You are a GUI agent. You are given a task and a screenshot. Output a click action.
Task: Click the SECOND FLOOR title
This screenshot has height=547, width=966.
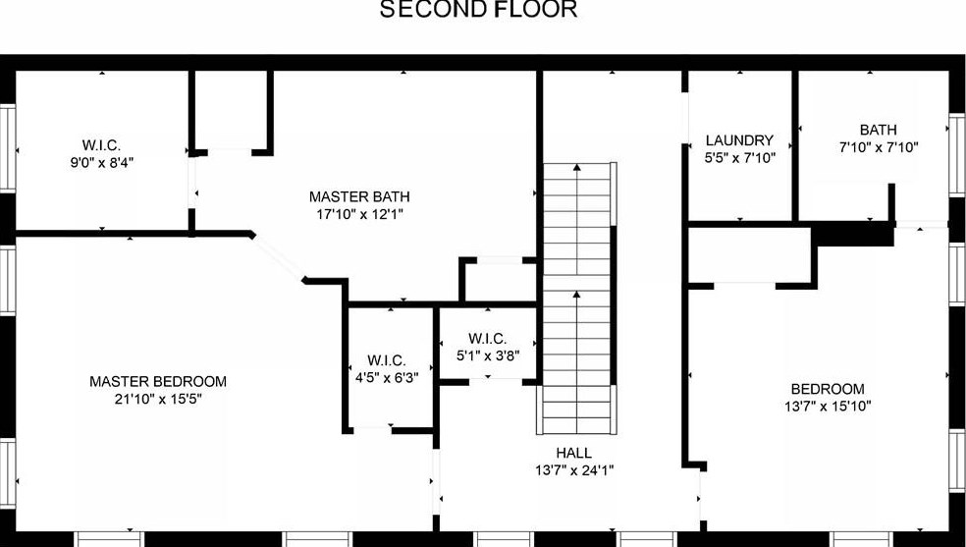click(478, 10)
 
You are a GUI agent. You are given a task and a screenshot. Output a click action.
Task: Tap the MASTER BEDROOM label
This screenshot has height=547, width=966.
click(158, 381)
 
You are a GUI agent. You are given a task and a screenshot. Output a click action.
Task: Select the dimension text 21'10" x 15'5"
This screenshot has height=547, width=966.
click(158, 399)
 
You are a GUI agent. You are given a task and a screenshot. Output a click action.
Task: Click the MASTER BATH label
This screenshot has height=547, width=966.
click(359, 196)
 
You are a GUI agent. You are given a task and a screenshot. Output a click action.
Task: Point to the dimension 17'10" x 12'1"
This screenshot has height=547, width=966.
click(359, 213)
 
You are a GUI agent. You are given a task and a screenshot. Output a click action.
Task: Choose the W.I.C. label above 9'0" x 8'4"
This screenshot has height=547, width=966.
click(101, 145)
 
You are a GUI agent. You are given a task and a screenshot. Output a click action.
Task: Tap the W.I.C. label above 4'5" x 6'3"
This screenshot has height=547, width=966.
click(387, 360)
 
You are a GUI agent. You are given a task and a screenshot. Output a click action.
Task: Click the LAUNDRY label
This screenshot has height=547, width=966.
click(739, 140)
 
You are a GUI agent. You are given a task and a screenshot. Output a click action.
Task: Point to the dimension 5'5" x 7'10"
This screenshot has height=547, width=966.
click(739, 157)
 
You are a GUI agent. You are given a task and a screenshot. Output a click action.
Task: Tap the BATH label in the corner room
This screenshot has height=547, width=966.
click(878, 130)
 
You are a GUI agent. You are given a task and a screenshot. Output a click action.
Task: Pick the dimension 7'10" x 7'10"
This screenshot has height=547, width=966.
click(878, 147)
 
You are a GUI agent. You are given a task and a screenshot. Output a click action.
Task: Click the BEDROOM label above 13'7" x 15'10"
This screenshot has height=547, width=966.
click(828, 389)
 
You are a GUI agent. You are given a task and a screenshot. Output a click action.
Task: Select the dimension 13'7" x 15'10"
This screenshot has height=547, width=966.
click(828, 406)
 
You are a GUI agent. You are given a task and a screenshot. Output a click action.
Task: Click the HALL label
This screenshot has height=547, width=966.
click(573, 453)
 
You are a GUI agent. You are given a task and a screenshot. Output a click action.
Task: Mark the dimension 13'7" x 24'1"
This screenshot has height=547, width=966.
click(573, 469)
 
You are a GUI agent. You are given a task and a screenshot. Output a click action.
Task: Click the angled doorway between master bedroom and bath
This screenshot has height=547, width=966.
click(279, 258)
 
